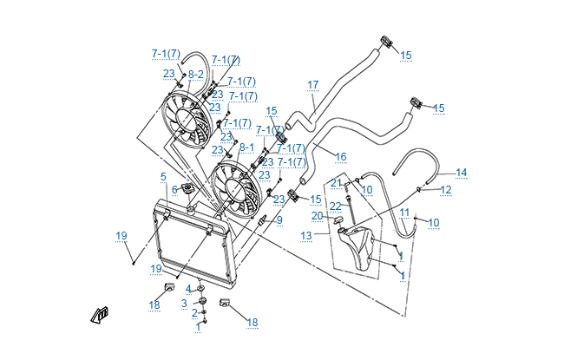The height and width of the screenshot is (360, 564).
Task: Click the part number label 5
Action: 163,177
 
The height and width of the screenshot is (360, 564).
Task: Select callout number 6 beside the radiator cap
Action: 174,190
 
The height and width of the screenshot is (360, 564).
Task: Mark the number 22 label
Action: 334,206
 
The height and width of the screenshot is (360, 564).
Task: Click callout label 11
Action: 404,213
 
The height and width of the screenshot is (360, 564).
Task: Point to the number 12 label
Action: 445,189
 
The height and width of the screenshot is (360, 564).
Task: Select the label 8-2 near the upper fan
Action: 195,75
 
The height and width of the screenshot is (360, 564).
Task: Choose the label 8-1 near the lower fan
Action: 246,147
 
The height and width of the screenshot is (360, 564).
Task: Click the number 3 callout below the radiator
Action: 184,304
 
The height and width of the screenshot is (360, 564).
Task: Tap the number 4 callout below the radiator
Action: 188,289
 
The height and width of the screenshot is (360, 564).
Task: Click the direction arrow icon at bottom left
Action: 102,315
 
